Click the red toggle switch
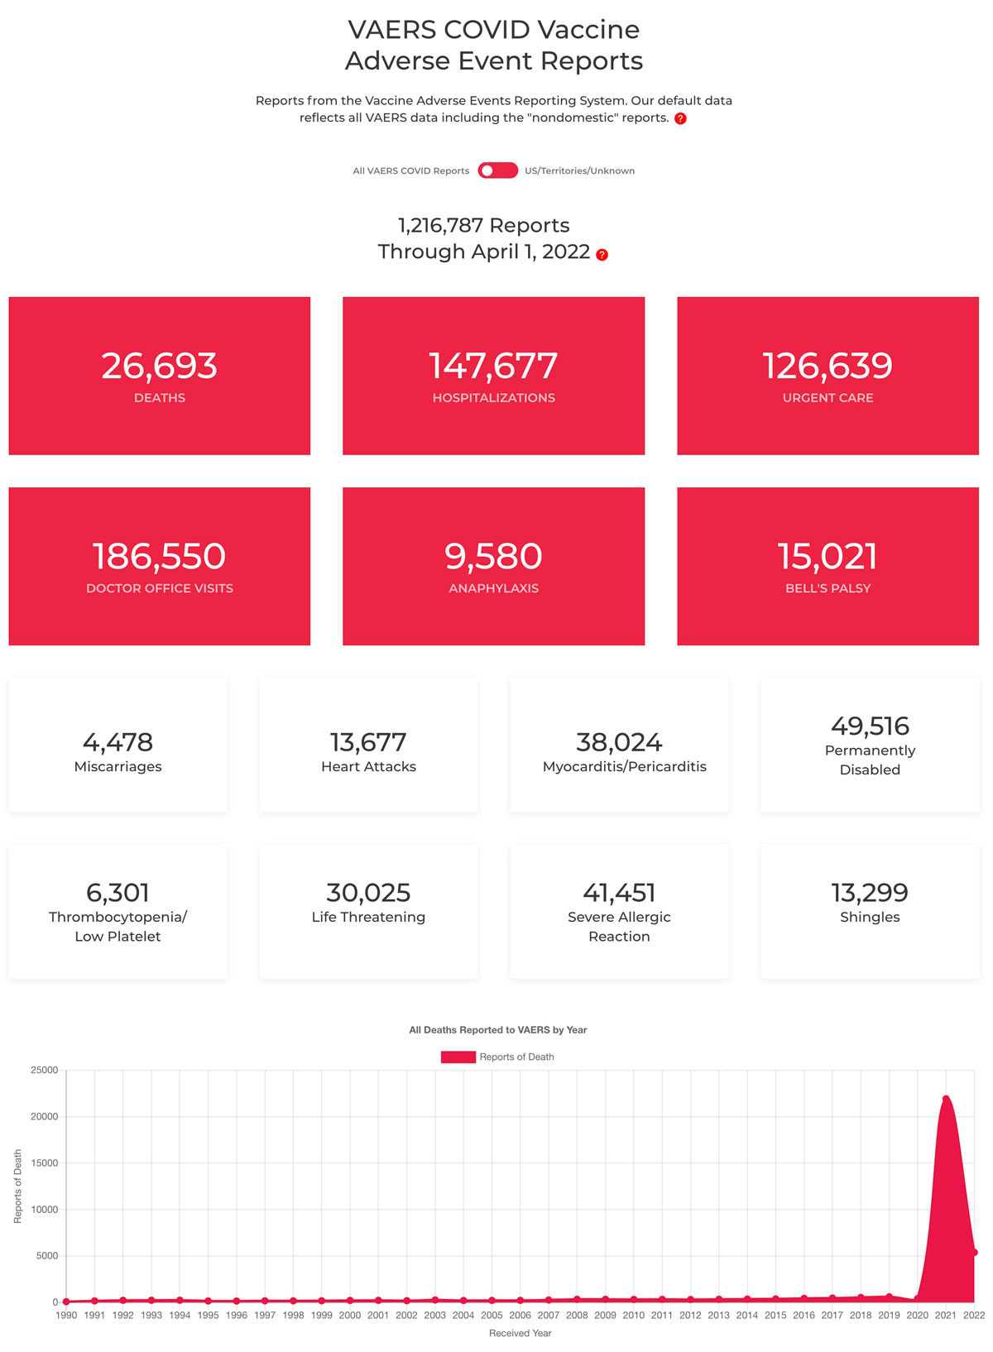[497, 170]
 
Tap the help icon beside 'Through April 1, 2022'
[602, 255]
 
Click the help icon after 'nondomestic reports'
[680, 118]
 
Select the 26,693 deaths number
[160, 366]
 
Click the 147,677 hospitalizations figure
[493, 366]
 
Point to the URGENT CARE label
[827, 398]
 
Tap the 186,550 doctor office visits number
[160, 556]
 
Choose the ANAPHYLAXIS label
[493, 588]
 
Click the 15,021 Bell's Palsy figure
[827, 556]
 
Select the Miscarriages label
[118, 766]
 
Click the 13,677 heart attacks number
[368, 741]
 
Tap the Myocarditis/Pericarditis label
[625, 766]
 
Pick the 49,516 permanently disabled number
[870, 726]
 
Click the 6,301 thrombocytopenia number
[118, 892]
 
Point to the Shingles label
[870, 917]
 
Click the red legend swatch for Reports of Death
[458, 1057]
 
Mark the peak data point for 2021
[945, 1099]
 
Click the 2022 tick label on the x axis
[974, 1315]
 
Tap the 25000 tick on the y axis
[45, 1070]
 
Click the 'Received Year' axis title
[520, 1333]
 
